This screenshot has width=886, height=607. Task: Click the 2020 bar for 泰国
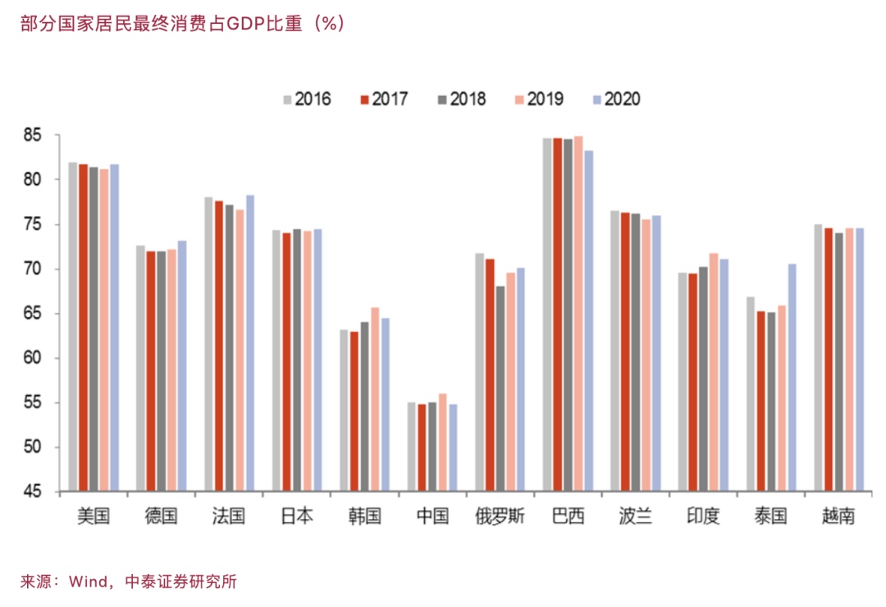(x=792, y=378)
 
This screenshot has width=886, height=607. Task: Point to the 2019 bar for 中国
(x=443, y=443)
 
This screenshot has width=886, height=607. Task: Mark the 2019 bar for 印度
(x=714, y=373)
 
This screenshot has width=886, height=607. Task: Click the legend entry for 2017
(x=382, y=99)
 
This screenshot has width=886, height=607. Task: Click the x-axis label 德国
(x=161, y=517)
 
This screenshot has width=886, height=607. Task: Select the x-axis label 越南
(x=838, y=517)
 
